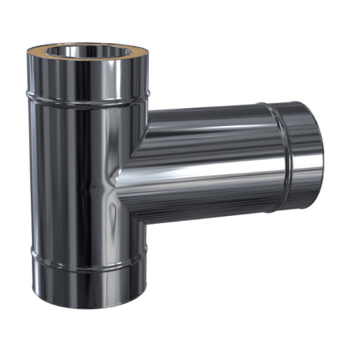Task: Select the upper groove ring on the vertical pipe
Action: point(86,96)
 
